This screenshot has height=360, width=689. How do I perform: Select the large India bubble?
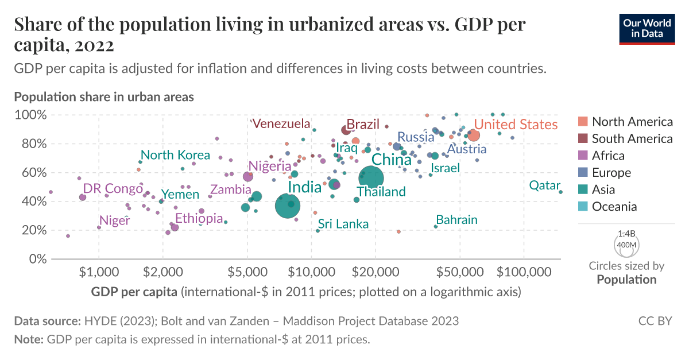(288, 206)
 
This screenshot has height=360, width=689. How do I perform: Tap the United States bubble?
(474, 136)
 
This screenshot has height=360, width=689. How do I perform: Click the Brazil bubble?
(346, 130)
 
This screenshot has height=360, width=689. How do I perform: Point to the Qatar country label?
(544, 185)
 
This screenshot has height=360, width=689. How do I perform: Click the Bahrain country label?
(456, 220)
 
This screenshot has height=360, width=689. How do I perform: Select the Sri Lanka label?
(343, 224)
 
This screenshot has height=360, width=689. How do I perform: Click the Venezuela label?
(281, 123)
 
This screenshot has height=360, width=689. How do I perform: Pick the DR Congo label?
(113, 188)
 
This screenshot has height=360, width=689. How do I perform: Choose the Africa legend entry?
(608, 156)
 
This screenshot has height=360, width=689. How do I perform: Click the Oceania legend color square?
(583, 207)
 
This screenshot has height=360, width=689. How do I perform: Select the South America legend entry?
(632, 138)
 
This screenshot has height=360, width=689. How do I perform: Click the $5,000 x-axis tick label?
(247, 269)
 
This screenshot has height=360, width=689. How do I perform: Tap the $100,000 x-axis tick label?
(523, 269)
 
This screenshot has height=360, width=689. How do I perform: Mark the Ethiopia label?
(199, 218)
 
